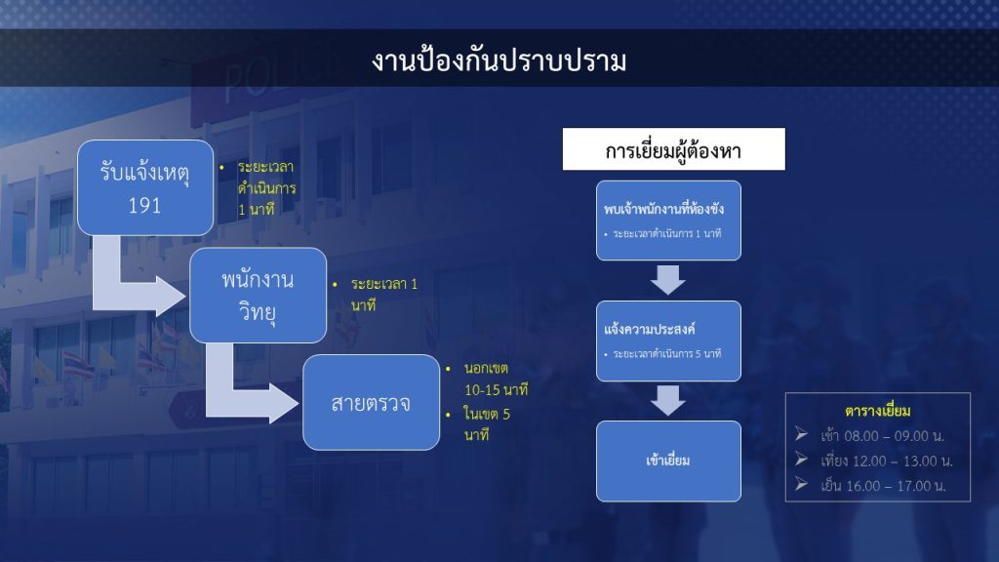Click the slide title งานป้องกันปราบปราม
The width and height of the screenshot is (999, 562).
click(499, 61)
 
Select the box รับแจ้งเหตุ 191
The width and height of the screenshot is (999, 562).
click(145, 188)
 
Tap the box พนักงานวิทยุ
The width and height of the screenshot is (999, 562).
click(258, 295)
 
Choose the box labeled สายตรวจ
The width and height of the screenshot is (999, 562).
click(372, 402)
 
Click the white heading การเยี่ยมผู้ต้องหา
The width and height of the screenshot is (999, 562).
click(673, 149)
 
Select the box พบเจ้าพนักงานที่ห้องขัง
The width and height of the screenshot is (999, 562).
click(668, 221)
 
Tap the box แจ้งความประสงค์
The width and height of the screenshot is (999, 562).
click(668, 341)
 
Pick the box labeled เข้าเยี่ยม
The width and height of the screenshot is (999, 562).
click(668, 461)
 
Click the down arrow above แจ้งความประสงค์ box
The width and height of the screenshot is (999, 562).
click(668, 280)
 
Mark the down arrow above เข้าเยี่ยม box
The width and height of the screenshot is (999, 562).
click(668, 400)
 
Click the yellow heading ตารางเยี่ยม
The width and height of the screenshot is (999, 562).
click(877, 411)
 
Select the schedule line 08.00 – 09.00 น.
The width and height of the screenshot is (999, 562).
click(882, 436)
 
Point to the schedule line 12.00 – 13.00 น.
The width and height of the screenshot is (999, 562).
click(886, 461)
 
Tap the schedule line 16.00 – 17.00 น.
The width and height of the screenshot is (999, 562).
click(883, 486)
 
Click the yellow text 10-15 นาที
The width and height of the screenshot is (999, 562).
click(497, 390)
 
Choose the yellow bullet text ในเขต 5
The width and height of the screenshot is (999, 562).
click(487, 414)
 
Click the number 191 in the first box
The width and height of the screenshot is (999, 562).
click(144, 205)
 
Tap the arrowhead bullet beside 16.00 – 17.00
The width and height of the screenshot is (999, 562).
click(802, 484)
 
